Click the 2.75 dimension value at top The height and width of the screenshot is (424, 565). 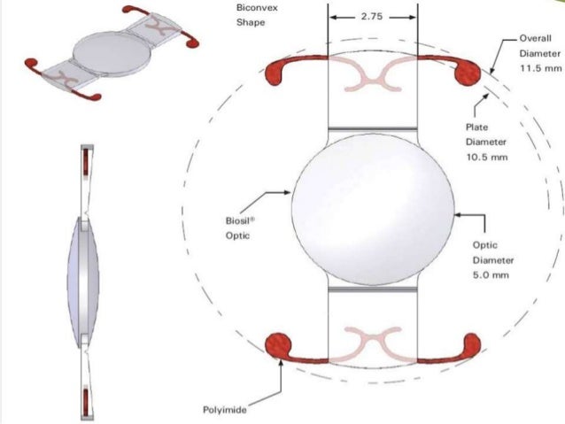pyautogui.click(x=372, y=17)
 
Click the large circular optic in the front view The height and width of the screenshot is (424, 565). pyautogui.click(x=372, y=208)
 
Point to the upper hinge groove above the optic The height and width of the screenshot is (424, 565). pyautogui.click(x=372, y=131)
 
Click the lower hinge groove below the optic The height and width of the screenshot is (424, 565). pyautogui.click(x=372, y=288)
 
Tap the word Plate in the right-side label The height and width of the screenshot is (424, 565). pyautogui.click(x=476, y=127)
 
